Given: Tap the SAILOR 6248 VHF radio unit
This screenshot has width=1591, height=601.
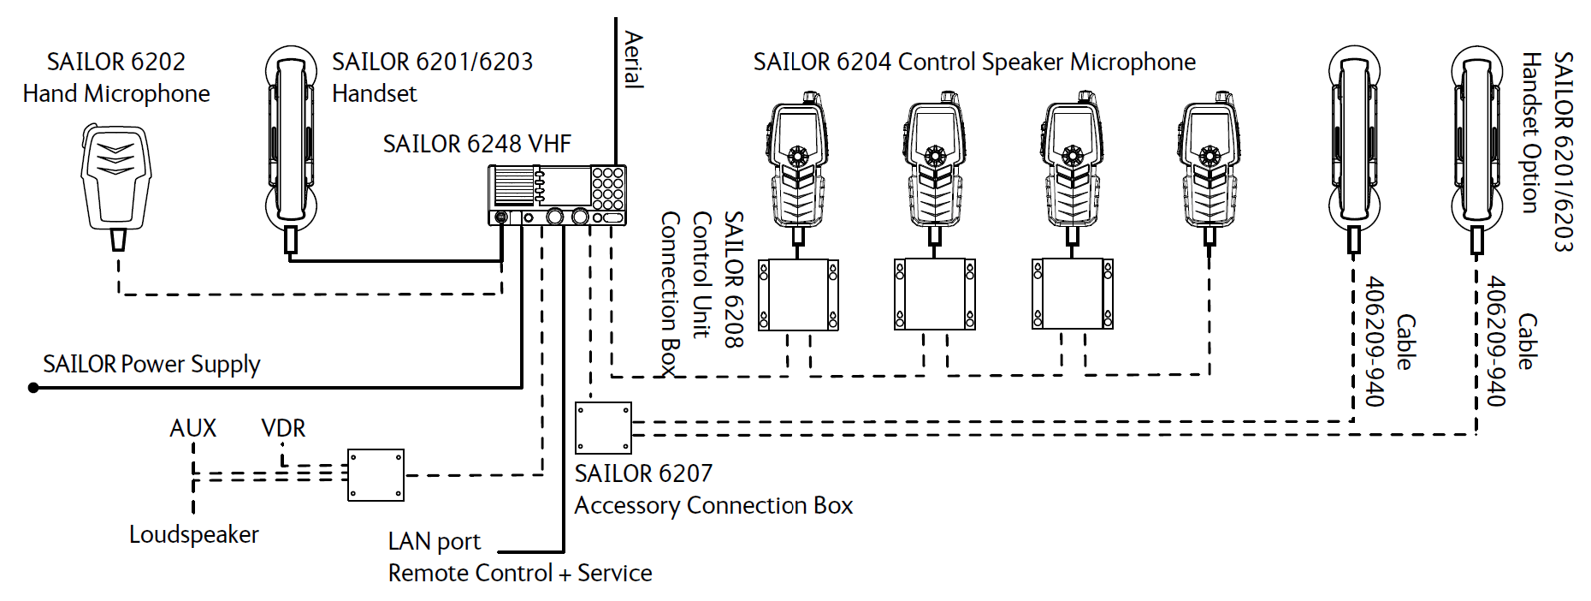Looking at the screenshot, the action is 557,195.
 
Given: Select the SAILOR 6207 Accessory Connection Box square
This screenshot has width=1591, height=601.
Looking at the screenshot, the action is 603,428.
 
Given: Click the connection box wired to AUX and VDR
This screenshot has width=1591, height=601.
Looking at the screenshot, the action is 376,475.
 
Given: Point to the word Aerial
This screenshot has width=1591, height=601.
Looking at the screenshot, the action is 634,60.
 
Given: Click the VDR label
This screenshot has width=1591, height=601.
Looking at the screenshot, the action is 283,428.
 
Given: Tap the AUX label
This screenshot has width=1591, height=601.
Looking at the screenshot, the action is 193,428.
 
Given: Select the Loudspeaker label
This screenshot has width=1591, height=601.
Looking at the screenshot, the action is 194,534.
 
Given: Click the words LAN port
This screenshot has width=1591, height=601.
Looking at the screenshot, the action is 435,542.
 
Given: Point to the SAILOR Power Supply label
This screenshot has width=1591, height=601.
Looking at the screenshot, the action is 151,365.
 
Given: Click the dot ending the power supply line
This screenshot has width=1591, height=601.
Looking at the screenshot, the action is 33,388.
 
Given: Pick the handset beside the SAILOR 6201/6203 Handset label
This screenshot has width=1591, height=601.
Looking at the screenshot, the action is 291,150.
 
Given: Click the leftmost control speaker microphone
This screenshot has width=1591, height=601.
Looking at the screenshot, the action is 798,167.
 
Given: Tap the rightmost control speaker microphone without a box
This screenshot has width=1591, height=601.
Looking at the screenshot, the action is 1210,167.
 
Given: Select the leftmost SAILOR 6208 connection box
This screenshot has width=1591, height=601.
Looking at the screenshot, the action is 798,295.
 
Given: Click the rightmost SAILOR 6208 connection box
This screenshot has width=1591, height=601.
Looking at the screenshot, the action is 1073,295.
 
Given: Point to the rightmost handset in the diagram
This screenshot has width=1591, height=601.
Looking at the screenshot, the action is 1477,150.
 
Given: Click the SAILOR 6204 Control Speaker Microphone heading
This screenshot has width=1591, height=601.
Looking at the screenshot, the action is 974,62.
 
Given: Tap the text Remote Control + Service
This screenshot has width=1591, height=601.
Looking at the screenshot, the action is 520,574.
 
